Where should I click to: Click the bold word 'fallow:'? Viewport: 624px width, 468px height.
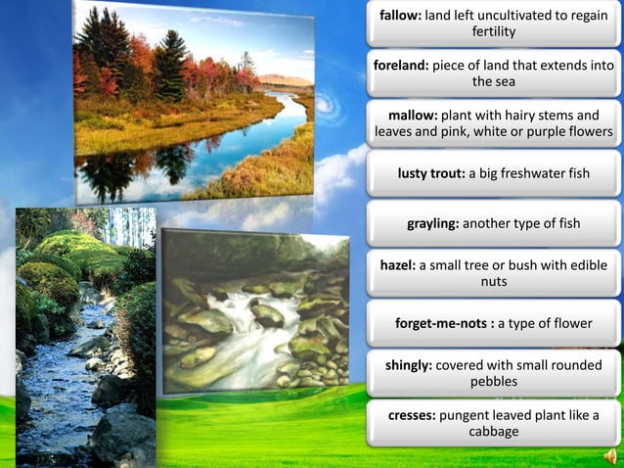click(x=400, y=16)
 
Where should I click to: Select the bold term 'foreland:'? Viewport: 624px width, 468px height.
click(x=404, y=66)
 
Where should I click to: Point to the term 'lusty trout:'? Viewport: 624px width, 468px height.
click(x=430, y=173)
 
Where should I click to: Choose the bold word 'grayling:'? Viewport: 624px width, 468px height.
click(x=432, y=223)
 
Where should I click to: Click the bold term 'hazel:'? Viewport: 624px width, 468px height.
click(x=397, y=265)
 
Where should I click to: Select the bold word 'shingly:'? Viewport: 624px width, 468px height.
click(x=408, y=365)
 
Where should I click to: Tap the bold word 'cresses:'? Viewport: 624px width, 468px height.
click(x=411, y=415)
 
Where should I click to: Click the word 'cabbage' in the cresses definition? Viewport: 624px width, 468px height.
click(x=493, y=432)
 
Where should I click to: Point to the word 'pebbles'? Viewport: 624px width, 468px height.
click(x=493, y=382)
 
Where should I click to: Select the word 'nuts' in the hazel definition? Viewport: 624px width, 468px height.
click(x=493, y=282)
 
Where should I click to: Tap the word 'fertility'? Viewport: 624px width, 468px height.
click(x=493, y=32)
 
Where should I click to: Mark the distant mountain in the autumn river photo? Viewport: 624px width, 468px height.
click(x=284, y=80)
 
